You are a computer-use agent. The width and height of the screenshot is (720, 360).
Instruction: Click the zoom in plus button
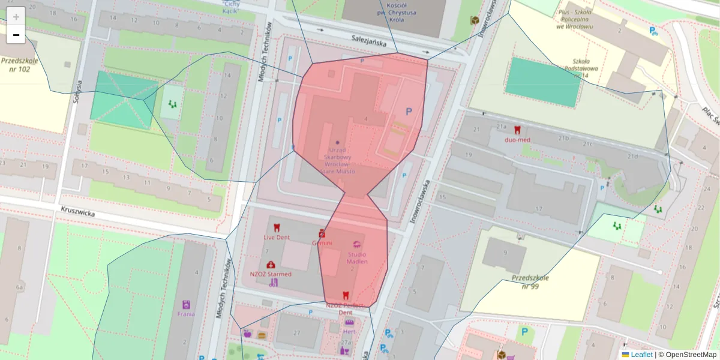[x=16, y=16]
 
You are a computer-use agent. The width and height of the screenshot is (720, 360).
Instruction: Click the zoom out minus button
[x=16, y=35]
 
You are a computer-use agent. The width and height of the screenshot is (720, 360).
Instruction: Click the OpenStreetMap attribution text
[x=687, y=355]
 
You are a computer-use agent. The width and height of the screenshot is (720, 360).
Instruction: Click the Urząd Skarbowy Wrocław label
[x=337, y=160]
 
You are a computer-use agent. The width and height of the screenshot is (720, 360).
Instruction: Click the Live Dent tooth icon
[x=277, y=227]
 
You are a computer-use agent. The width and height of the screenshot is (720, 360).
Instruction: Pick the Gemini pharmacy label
[x=322, y=243]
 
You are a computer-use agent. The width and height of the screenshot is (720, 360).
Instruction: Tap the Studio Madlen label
[x=358, y=257]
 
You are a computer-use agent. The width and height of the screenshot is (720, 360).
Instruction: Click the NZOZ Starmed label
[x=271, y=274]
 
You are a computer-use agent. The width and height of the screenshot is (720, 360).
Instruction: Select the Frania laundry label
[x=186, y=313]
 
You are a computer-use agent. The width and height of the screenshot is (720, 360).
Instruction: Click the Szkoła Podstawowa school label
[x=580, y=68]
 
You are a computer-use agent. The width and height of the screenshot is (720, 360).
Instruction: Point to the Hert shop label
[x=349, y=331]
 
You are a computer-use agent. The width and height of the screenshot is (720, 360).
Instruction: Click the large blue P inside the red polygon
[x=409, y=112]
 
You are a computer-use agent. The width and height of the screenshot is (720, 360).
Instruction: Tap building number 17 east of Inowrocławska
[x=538, y=209]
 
